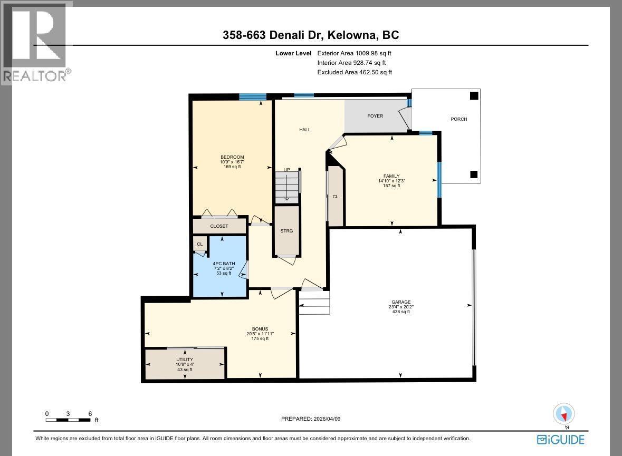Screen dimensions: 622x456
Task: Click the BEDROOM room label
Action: click(232, 157)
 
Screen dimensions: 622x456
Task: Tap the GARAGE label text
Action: click(401, 302)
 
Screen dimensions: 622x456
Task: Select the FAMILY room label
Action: click(391, 176)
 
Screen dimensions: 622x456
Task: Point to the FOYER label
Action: click(375, 116)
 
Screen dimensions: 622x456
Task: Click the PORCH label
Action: click(459, 119)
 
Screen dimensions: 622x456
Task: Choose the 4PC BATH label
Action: click(224, 263)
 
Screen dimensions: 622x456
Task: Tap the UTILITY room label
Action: click(185, 360)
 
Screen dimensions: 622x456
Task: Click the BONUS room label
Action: click(260, 329)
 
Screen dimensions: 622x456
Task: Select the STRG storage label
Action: click(286, 231)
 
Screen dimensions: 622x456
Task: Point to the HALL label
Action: click(304, 130)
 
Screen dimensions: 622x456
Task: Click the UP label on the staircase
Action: click(286, 170)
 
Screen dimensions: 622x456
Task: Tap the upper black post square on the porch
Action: click(474, 95)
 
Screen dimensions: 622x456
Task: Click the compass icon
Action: click(563, 415)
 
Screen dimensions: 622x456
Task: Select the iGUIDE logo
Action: click(560, 439)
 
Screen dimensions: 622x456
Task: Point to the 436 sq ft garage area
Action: click(401, 312)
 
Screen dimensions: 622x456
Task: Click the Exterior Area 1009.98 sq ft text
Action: click(354, 53)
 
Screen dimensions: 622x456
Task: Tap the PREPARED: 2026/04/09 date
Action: click(311, 419)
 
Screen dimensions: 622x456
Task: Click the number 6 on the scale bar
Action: click(90, 414)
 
